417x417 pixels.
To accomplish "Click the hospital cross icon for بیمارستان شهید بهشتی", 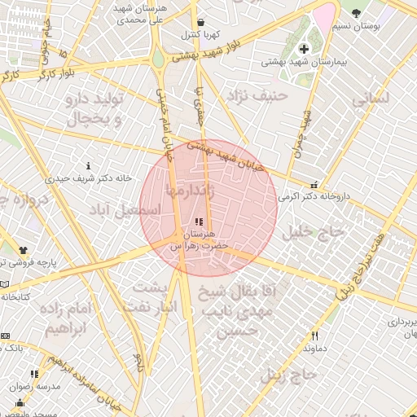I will (x=305, y=49).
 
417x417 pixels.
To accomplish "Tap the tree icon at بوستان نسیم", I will (x=355, y=13).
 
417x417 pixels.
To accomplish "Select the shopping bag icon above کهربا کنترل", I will (x=201, y=22).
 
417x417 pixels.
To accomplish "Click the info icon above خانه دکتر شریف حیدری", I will (x=88, y=165).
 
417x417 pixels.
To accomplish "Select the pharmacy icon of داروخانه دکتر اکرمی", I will (x=314, y=185).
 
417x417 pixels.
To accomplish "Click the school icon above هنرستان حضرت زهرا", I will (x=200, y=221).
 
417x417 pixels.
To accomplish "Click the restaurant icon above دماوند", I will (x=314, y=336).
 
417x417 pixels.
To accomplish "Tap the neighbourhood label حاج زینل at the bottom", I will (x=288, y=375).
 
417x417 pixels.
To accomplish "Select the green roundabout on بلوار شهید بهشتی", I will (x=157, y=59).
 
